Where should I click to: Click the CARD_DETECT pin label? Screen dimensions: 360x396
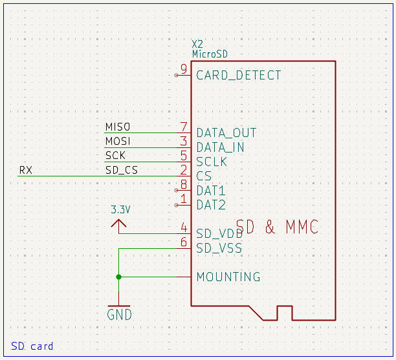pyautogui.click(x=239, y=75)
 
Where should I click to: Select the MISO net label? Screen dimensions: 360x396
pyautogui.click(x=118, y=127)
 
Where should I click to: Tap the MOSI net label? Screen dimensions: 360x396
pyautogui.click(x=118, y=141)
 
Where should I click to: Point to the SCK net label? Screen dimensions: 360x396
pyautogui.click(x=115, y=156)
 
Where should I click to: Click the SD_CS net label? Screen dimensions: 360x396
pyautogui.click(x=122, y=170)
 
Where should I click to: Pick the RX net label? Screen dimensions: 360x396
pyautogui.click(x=26, y=170)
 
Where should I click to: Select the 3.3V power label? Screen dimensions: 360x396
pyautogui.click(x=120, y=209)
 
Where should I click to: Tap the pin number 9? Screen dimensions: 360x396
pyautogui.click(x=184, y=69)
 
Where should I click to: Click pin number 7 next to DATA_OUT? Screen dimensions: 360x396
pyautogui.click(x=184, y=127)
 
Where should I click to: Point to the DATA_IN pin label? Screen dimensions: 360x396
pyautogui.click(x=221, y=147)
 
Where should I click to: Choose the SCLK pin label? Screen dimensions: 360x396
pyautogui.click(x=212, y=162)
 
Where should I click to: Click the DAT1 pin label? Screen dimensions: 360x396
pyautogui.click(x=211, y=191)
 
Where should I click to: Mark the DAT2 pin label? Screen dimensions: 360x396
pyautogui.click(x=211, y=205)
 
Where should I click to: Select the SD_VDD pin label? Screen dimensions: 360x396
pyautogui.click(x=219, y=233)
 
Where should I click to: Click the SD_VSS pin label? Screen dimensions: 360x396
pyautogui.click(x=219, y=248)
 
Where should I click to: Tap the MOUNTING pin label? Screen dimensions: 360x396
pyautogui.click(x=228, y=277)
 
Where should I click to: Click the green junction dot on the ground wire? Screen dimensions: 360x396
pyautogui.click(x=118, y=277)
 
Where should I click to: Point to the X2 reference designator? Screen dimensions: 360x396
pyautogui.click(x=198, y=44)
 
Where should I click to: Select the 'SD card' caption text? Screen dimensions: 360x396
pyautogui.click(x=32, y=346)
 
